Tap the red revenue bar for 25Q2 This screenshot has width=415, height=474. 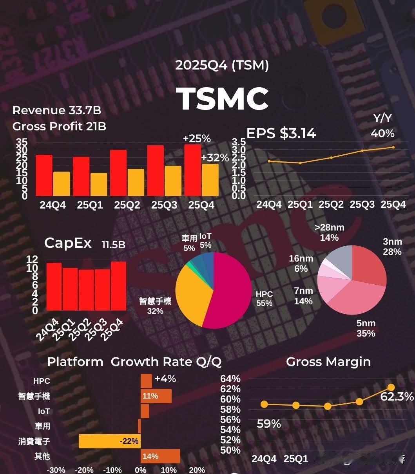tap(118, 173)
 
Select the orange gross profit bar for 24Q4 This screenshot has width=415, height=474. tap(62, 184)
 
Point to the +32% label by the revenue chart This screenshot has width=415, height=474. tap(215, 158)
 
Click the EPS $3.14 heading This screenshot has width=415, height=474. tap(281, 134)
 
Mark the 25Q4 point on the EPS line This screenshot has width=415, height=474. tap(393, 147)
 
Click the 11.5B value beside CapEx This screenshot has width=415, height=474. tap(113, 245)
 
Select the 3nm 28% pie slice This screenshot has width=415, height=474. tap(368, 267)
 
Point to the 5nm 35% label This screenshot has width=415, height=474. tap(366, 328)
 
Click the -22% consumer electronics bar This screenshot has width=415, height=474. tap(110, 441)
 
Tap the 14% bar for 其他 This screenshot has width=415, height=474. tap(160, 456)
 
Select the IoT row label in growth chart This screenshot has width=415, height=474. tap(44, 411)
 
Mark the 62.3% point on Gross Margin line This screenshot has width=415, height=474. tap(391, 388)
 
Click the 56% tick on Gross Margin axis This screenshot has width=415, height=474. tap(230, 419)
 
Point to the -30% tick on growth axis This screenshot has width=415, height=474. tap(56, 470)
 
